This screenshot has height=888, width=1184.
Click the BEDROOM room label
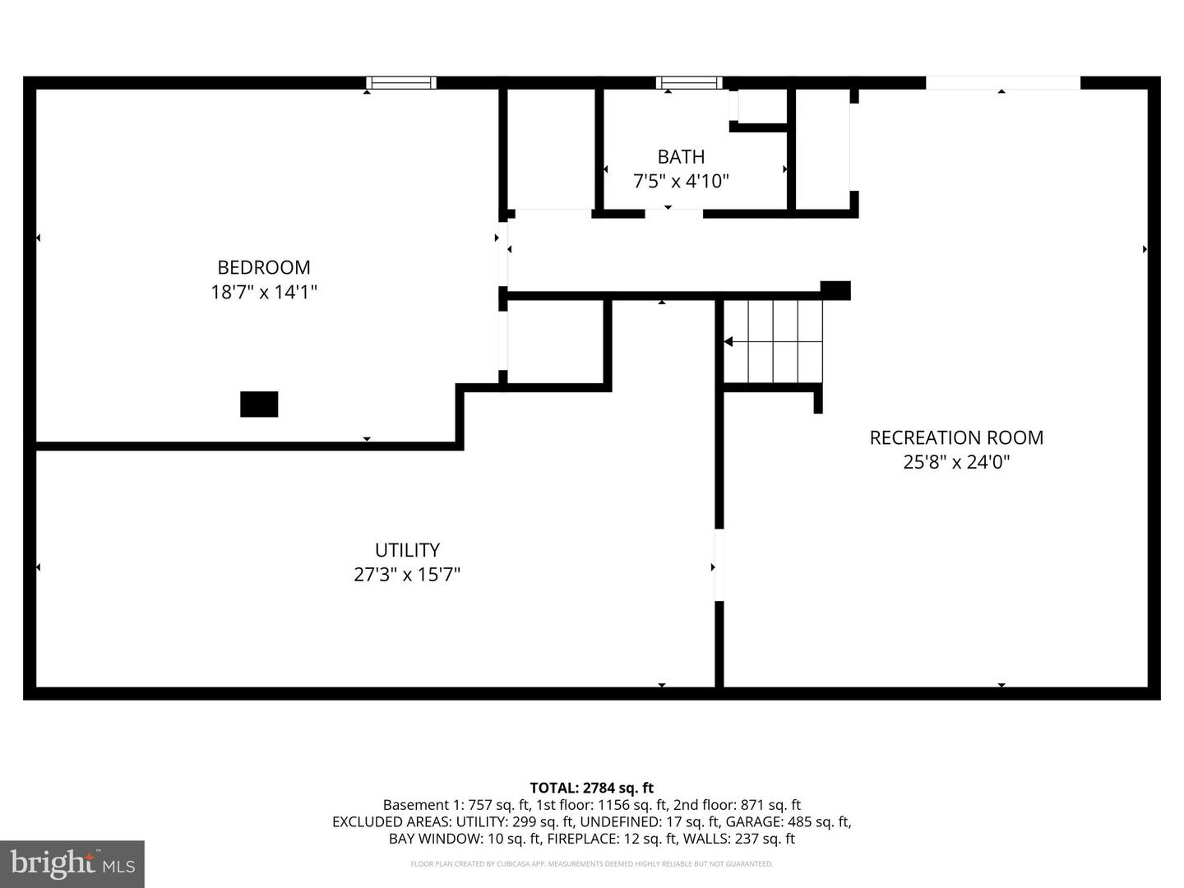click(x=263, y=267)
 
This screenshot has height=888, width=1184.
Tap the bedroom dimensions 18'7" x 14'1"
click(x=263, y=292)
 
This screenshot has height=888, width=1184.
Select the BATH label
click(x=681, y=156)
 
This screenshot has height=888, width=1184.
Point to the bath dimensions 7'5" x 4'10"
click(x=681, y=181)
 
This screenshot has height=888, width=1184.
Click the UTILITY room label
click(x=407, y=550)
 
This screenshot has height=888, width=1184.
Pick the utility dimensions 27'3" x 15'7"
click(x=407, y=575)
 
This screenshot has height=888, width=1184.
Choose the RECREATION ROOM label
click(x=956, y=437)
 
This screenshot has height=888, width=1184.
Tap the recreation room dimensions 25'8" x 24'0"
click(x=956, y=462)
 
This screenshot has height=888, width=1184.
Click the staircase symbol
click(x=774, y=341)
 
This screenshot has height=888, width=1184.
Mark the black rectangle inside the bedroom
click(x=259, y=404)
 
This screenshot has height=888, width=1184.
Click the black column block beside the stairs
click(x=835, y=290)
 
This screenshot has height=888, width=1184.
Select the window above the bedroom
click(x=401, y=82)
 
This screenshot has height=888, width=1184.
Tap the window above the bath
click(x=689, y=82)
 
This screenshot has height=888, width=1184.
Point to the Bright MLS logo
click(x=72, y=863)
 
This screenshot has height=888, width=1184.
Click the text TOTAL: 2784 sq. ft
click(x=591, y=788)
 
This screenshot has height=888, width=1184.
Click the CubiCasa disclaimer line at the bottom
click(x=591, y=864)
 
